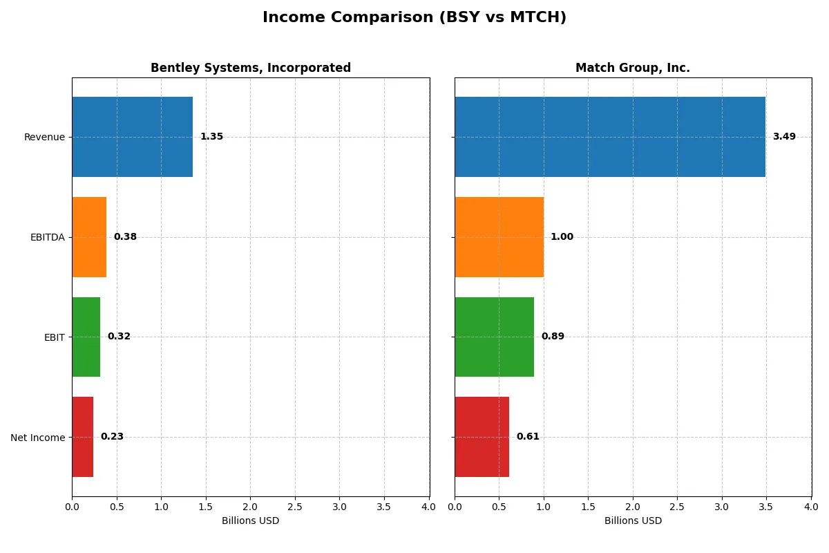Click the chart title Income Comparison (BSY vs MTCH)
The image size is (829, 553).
pos(414,18)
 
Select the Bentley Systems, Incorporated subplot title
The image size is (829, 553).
pos(251,68)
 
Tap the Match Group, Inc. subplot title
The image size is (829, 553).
pos(633,68)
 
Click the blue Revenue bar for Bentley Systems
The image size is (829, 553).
pos(132,137)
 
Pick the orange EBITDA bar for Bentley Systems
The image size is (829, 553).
pos(89,237)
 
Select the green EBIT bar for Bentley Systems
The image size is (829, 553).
pos(86,337)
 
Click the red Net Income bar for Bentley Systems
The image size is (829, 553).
pos(82,437)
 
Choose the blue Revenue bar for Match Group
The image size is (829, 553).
pos(610,137)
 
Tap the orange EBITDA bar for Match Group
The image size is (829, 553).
pos(499,237)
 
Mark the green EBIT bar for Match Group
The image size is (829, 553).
pos(494,337)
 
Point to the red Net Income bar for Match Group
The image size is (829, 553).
pos(482,437)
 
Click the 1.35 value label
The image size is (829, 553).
pos(211,137)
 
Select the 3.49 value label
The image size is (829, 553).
pos(784,137)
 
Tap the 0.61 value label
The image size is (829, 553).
pos(528,437)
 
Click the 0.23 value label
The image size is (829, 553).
pos(112,437)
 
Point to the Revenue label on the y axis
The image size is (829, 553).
pos(44,137)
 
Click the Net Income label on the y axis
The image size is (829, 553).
pos(38,438)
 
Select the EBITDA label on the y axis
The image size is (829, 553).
pos(47,237)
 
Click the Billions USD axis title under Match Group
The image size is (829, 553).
pos(633,521)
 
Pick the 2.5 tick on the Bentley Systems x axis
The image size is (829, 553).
pos(295,507)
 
